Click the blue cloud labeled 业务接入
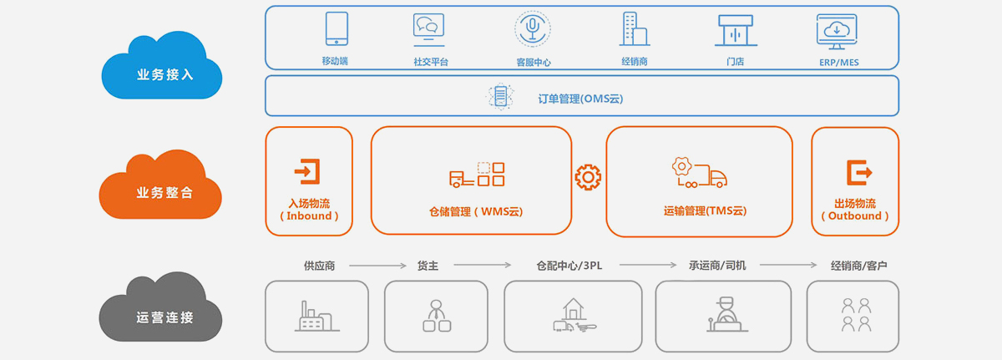[162, 67]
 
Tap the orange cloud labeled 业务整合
[161, 185]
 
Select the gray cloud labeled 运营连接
[161, 308]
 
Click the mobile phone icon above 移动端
[337, 28]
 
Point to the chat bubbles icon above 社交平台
[428, 29]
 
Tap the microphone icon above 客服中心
[533, 28]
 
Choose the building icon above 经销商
[635, 29]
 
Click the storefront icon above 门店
[736, 30]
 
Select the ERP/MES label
[838, 63]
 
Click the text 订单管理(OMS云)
[580, 99]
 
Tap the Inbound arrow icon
[307, 171]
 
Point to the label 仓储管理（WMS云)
[475, 211]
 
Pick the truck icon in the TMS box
[700, 172]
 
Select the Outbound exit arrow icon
[859, 172]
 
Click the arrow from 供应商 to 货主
[377, 266]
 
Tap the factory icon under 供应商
[316, 317]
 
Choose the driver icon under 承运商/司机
[727, 314]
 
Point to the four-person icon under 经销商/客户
[856, 315]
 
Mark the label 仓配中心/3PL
[569, 266]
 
